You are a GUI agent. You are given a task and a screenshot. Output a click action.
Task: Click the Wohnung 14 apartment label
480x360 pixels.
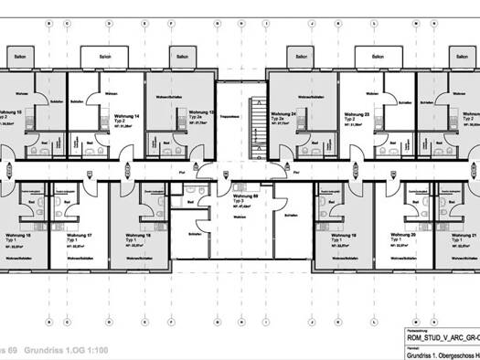point(126,117)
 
